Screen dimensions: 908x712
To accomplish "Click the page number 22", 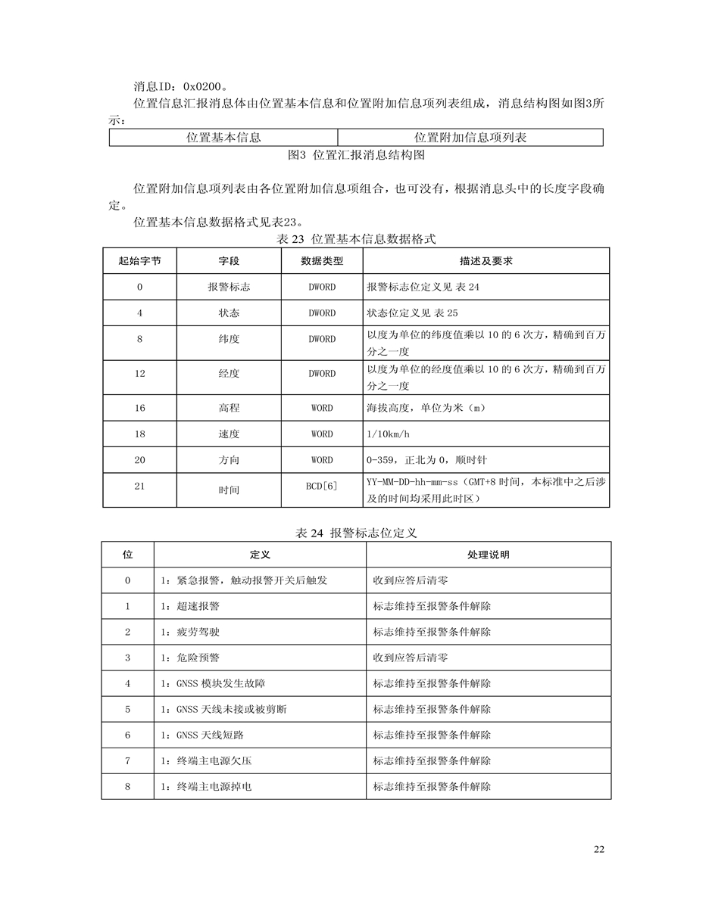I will click(599, 850).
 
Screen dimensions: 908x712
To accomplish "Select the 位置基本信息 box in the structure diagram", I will click(223, 138).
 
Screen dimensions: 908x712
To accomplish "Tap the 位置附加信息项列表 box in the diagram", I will click(470, 138).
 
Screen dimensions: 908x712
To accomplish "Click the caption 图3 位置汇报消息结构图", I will click(357, 156).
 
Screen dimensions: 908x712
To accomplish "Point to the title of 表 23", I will click(357, 238).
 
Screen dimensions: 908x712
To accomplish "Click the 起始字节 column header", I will click(139, 261).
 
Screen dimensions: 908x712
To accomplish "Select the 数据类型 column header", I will click(322, 261).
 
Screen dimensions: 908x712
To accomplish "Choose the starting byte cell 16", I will click(139, 408).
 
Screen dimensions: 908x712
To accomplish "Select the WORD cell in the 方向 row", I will click(322, 460).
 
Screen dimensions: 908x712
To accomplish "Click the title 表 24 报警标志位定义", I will click(357, 533).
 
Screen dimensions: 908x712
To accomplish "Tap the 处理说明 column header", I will click(488, 555).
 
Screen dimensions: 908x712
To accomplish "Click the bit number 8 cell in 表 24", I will click(128, 786).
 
